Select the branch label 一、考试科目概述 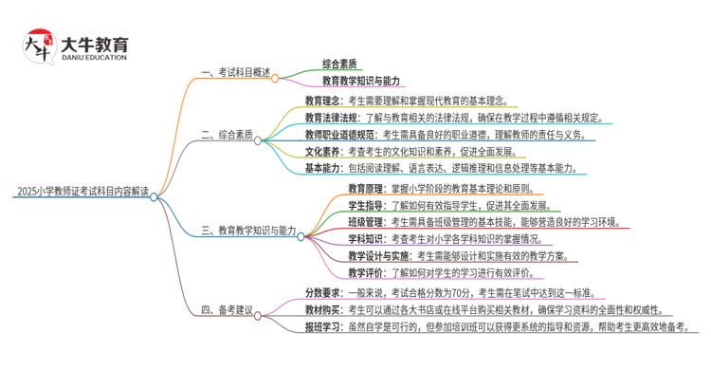[236, 72]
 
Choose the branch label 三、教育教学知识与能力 [249, 231]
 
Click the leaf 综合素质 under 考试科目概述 [339, 65]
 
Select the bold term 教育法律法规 [331, 118]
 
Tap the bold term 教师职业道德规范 [339, 135]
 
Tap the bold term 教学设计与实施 [378, 256]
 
